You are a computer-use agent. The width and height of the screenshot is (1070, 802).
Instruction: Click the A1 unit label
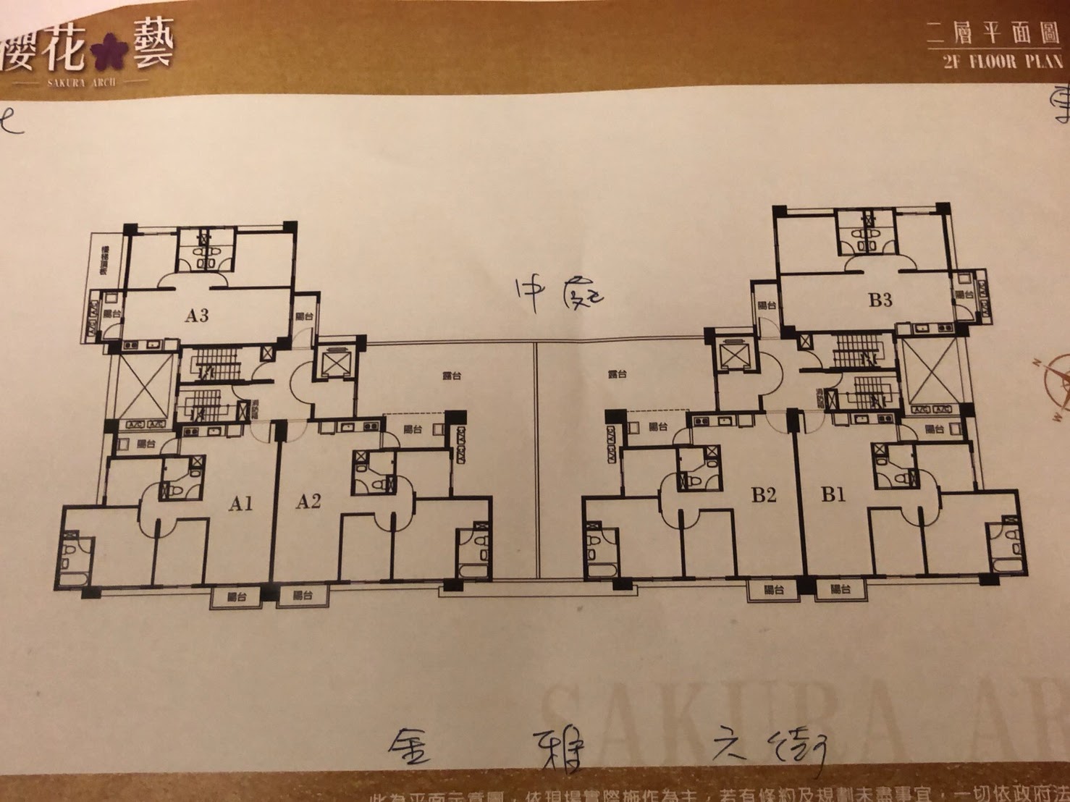coord(241,503)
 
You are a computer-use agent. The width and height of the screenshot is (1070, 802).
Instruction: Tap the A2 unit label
coord(308,501)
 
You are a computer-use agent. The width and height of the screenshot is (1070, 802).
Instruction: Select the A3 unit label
coord(196,315)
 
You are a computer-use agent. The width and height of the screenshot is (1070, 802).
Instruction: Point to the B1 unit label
coord(833,494)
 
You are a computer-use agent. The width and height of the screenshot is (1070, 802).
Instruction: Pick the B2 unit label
coord(764,495)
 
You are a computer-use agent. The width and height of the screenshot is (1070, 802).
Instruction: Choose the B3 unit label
coord(880,300)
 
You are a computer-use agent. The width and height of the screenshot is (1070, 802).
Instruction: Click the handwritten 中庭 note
coord(558,295)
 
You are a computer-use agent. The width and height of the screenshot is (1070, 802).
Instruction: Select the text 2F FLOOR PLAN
coord(1002,62)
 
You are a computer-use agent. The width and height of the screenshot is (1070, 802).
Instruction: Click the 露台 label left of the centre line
coord(452,376)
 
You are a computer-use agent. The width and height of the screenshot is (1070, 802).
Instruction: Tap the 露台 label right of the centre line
coord(618,374)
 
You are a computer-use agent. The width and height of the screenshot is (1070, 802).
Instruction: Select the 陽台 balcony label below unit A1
coord(237,597)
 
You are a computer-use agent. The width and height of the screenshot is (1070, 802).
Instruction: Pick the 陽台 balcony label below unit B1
coord(841,589)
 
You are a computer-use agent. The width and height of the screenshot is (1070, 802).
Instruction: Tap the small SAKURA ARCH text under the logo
coord(81,83)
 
